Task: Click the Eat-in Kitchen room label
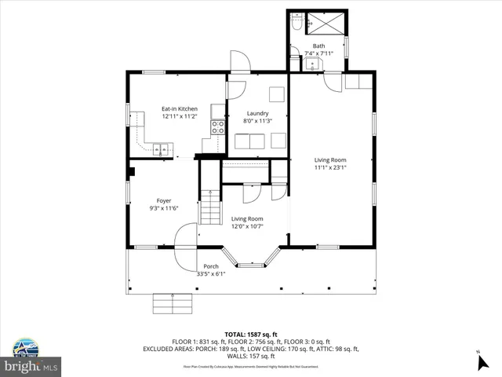pyautogui.click(x=180, y=108)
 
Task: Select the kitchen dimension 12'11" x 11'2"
pyautogui.click(x=180, y=116)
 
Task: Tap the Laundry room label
pyautogui.click(x=257, y=113)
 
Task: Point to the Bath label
pyautogui.click(x=318, y=46)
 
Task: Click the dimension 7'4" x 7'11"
pyautogui.click(x=318, y=53)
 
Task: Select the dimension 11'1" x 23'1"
pyautogui.click(x=330, y=167)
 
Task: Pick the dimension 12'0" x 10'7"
pyautogui.click(x=246, y=226)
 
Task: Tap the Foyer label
pyautogui.click(x=164, y=200)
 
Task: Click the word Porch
pyautogui.click(x=211, y=266)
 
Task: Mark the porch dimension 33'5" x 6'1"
pyautogui.click(x=211, y=274)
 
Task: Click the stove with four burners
pyautogui.click(x=218, y=127)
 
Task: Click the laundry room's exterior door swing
pyautogui.click(x=238, y=63)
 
